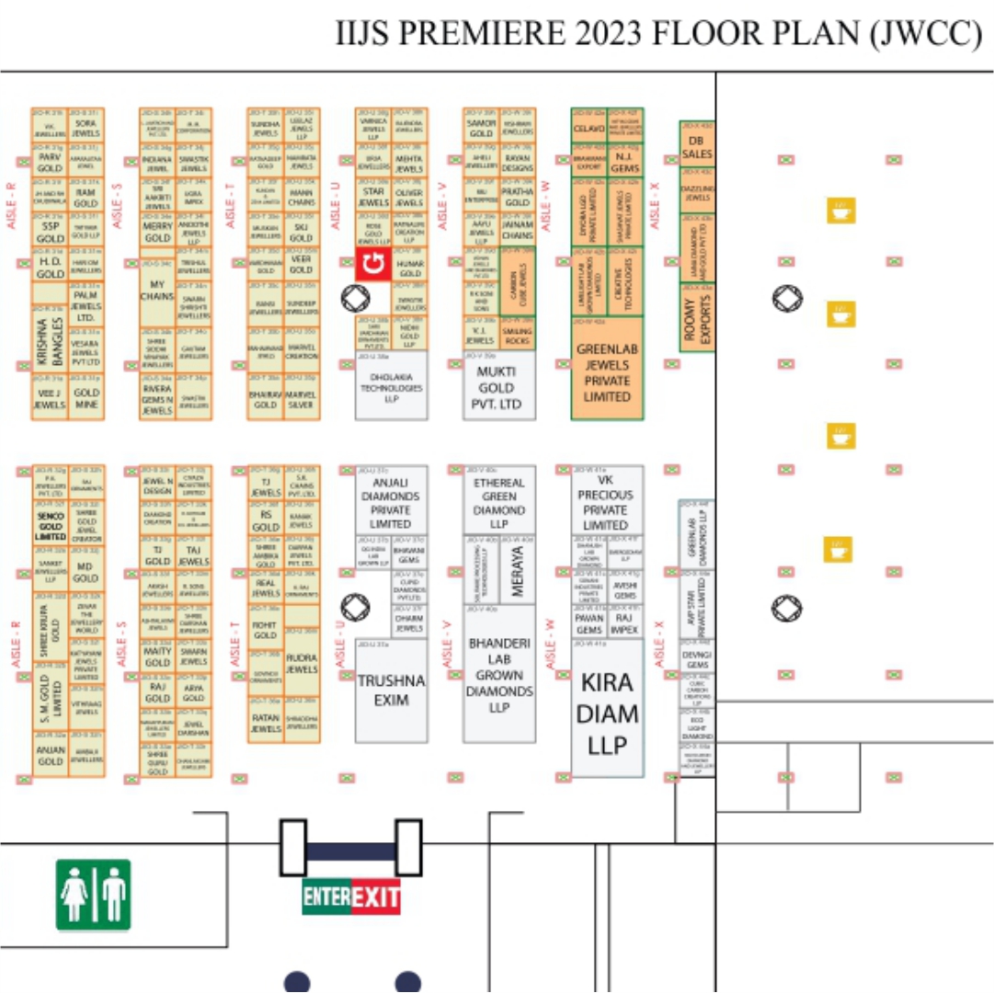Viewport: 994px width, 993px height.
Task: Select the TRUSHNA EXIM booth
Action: click(x=392, y=690)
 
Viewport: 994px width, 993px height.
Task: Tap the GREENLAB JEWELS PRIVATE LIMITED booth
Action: click(x=606, y=371)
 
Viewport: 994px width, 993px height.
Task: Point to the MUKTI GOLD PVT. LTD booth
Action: click(x=498, y=386)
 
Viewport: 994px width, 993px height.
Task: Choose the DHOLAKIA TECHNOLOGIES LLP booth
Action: click(x=392, y=386)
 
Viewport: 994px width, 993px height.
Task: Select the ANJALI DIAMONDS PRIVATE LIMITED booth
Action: click(x=391, y=502)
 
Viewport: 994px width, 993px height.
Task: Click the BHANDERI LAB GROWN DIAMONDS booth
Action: click(x=498, y=675)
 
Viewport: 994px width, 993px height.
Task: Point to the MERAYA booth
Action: click(x=517, y=570)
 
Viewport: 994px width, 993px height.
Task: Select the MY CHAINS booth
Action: click(x=157, y=291)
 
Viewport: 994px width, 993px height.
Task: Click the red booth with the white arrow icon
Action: click(x=371, y=266)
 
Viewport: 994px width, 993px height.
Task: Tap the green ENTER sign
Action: click(x=326, y=897)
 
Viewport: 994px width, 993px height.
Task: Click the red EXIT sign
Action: click(x=375, y=897)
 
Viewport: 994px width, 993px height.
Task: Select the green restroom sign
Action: click(x=93, y=895)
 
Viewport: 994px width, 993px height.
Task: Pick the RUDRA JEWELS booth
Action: click(x=302, y=663)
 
